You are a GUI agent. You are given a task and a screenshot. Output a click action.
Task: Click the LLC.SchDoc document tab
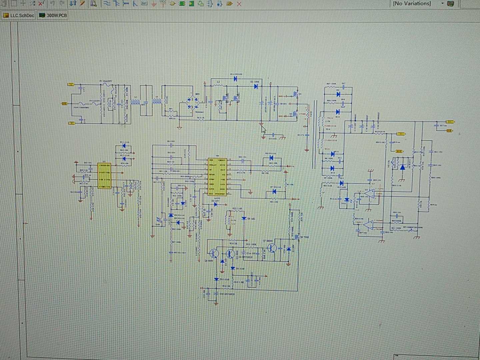pos(19,15)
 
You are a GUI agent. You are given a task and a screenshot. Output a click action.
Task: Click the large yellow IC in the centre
pos(217,177)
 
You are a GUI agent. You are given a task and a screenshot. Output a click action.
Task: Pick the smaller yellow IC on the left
pos(104,176)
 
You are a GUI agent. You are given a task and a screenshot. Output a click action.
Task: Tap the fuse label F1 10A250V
pos(106,81)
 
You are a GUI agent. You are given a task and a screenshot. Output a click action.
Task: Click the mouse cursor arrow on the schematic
pos(263,130)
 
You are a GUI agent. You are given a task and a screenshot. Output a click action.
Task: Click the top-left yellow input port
pos(71,85)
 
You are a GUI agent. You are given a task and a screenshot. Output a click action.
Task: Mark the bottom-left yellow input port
pos(71,123)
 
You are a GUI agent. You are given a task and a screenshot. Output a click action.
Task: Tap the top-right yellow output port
pos(450,122)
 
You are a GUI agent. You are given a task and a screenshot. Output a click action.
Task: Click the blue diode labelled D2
pos(256,86)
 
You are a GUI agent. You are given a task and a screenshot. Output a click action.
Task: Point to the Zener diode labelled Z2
pos(215,204)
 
